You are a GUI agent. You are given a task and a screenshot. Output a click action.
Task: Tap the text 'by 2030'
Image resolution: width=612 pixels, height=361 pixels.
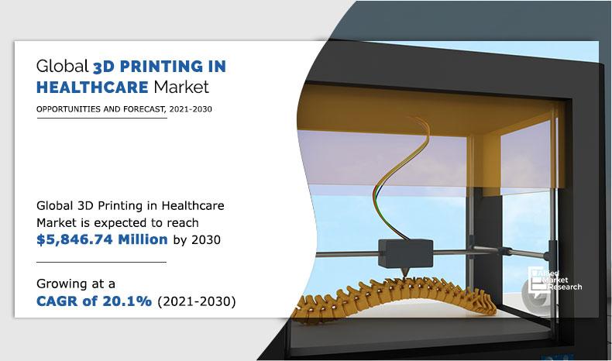(196, 239)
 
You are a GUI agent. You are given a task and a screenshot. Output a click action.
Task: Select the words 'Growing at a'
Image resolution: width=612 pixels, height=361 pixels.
(74, 282)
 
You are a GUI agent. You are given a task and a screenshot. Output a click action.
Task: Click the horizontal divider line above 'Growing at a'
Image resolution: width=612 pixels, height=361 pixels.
(101, 263)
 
